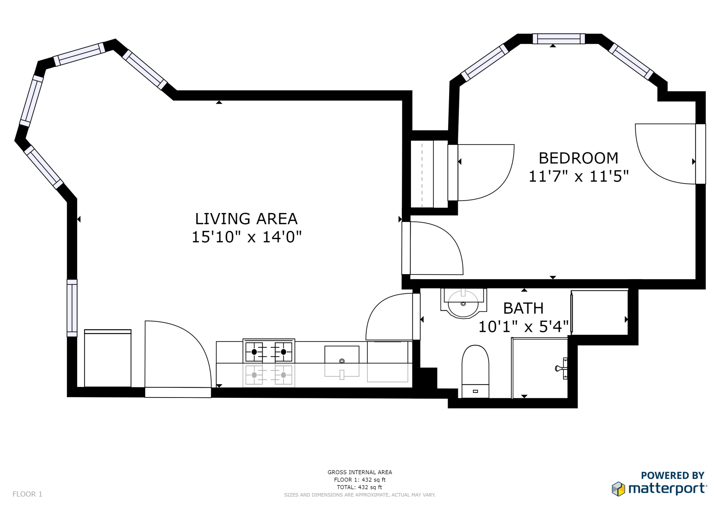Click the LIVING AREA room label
coord(246,219)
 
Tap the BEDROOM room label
coord(578,158)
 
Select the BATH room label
coord(523,309)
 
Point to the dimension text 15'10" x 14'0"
coord(246,237)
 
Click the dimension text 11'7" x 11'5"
coord(578,176)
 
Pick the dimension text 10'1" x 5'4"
coord(523,327)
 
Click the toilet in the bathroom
coord(475,369)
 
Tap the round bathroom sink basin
coord(463,304)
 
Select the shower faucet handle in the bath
coord(559,368)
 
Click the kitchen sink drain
coord(342,361)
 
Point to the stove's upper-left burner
coord(254,352)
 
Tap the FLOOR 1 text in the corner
coord(27,494)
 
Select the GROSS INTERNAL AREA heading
coord(360,472)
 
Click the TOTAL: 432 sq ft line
coord(359,487)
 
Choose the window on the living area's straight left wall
coord(72,308)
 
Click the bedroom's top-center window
coord(559,39)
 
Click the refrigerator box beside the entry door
coord(108,359)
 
